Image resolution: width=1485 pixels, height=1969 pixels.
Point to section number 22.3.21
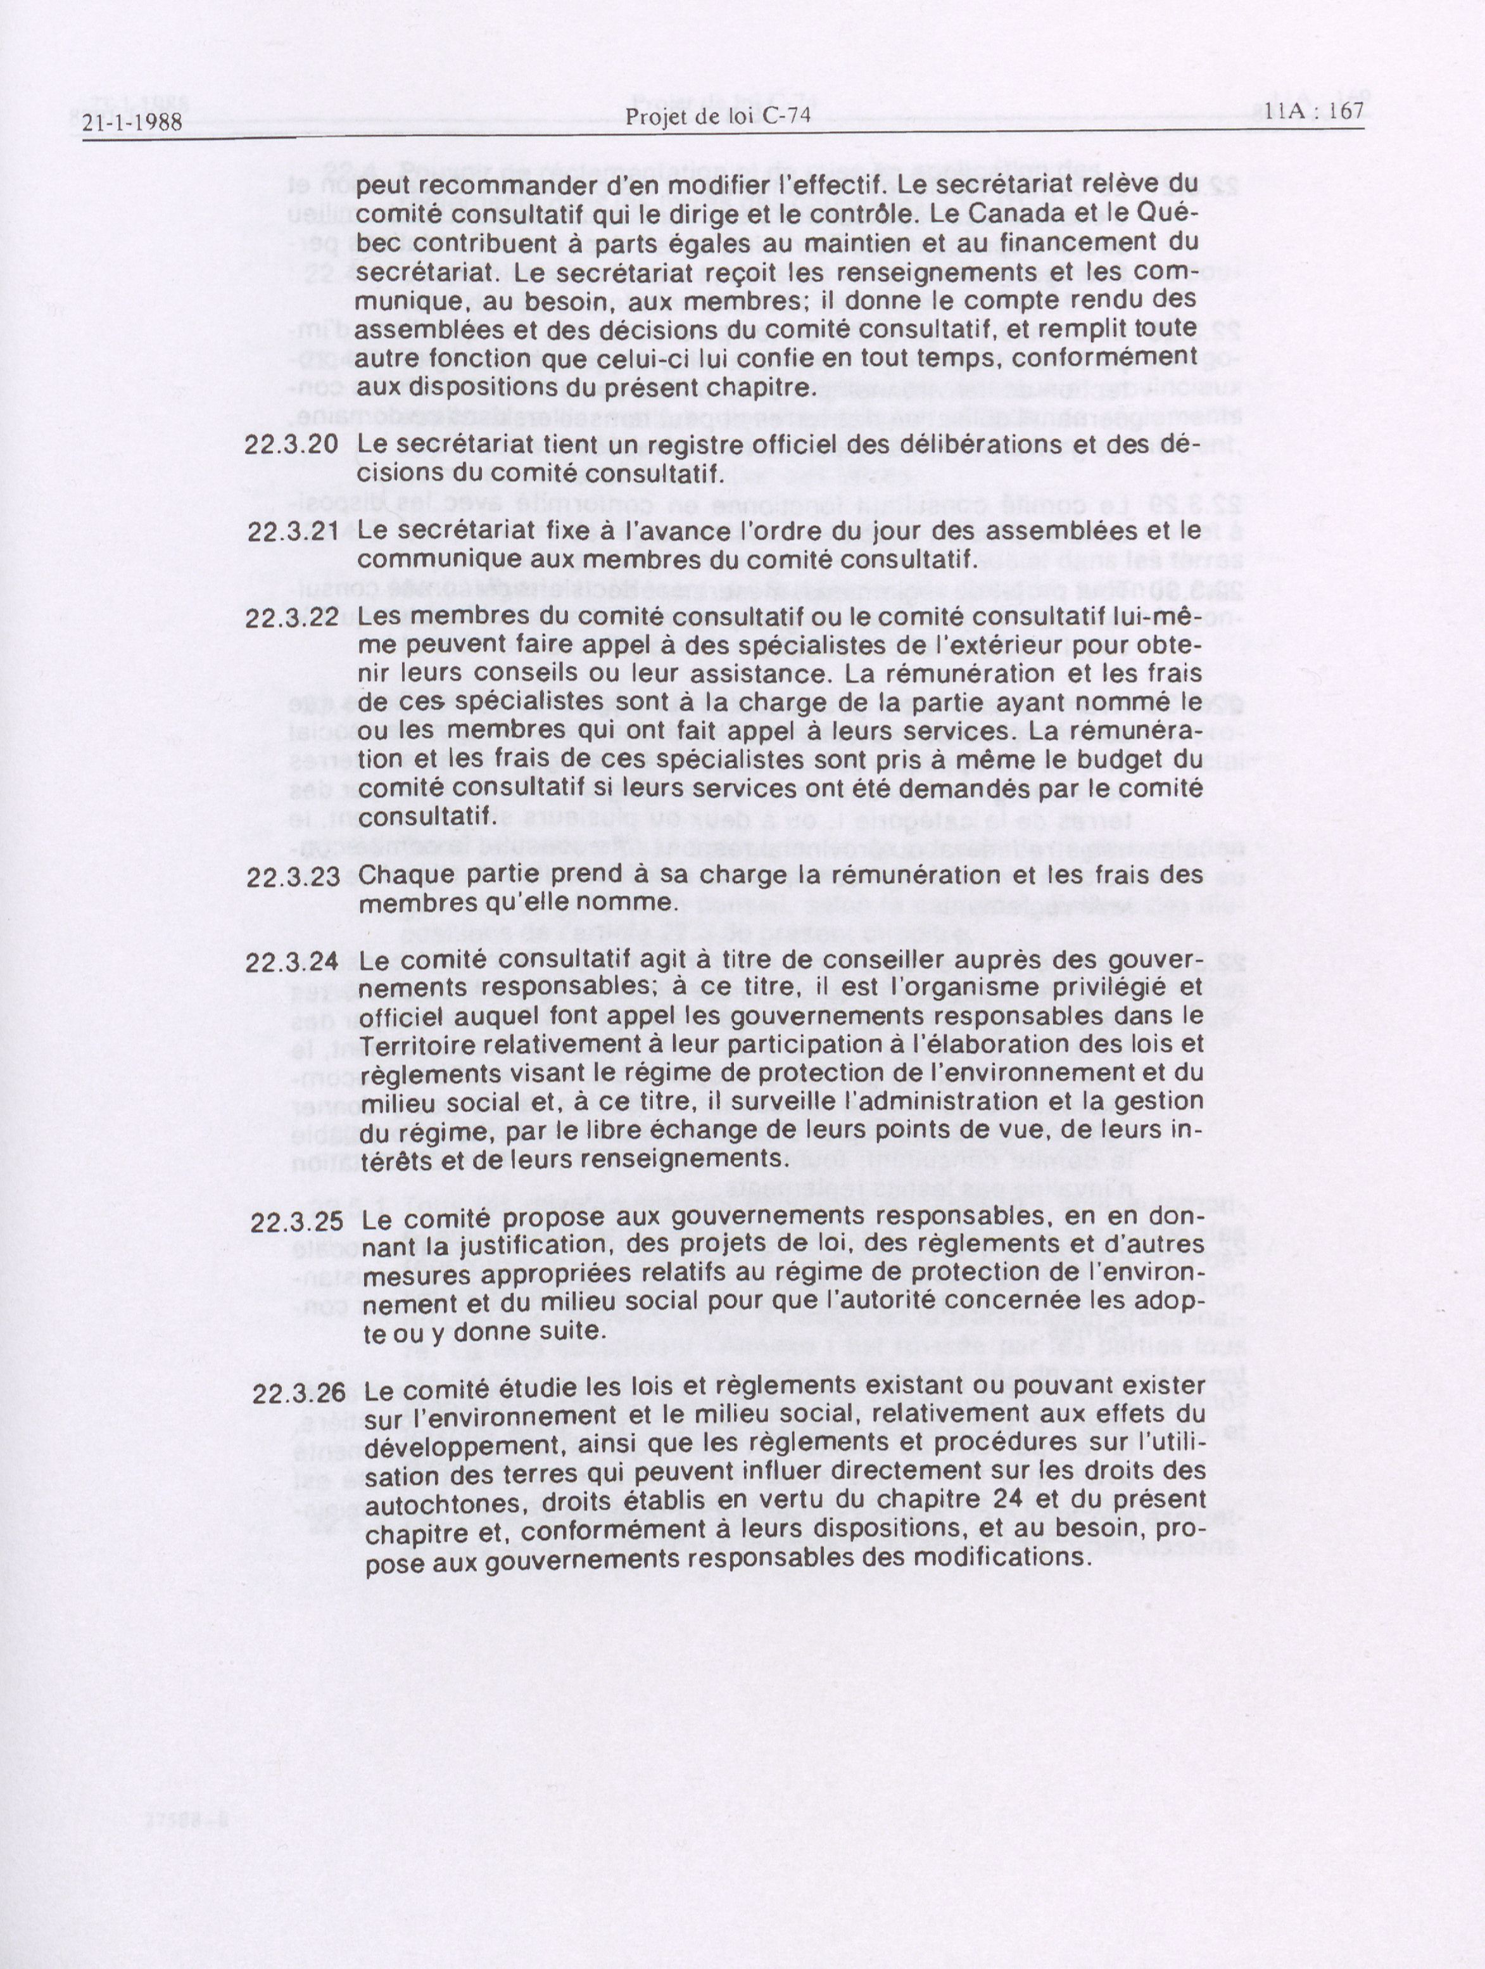pos(293,532)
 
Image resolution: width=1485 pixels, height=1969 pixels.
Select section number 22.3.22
pos(292,618)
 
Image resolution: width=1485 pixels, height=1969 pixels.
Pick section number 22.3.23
pos(293,877)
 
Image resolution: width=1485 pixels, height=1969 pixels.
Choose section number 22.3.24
pos(292,962)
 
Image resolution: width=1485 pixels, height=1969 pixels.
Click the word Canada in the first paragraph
pos(1009,215)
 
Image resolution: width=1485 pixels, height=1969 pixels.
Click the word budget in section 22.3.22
pos(1124,760)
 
